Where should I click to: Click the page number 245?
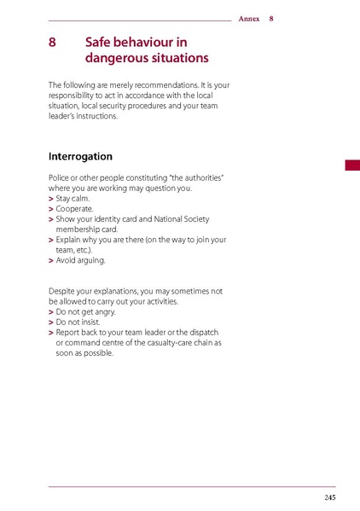[329, 497]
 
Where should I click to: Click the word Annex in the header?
[249, 19]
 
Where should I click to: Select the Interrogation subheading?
[80, 157]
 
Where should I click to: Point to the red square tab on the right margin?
[352, 165]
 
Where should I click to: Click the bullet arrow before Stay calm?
[51, 198]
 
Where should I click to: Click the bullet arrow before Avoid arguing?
[51, 260]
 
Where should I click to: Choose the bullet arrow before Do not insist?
[51, 322]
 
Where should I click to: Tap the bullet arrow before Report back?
[51, 333]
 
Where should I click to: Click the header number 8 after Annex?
[271, 19]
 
